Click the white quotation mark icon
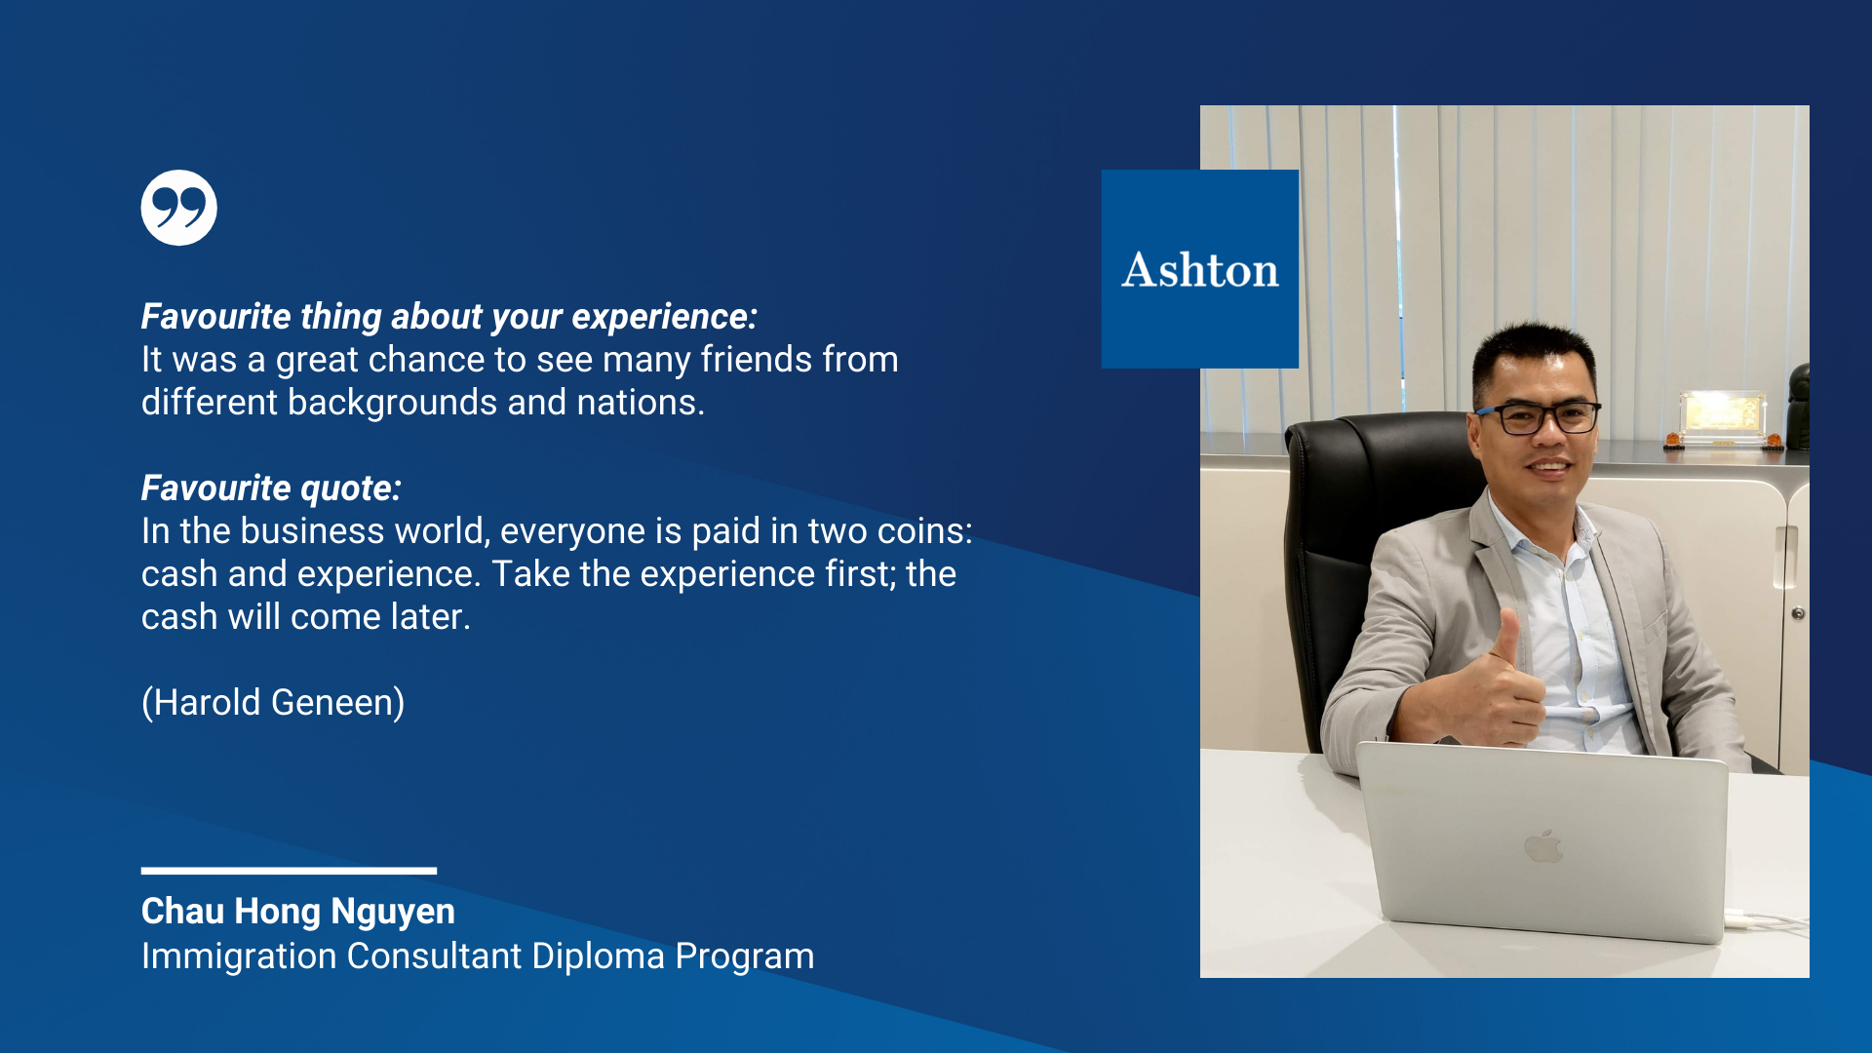click(178, 208)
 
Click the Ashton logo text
click(1200, 270)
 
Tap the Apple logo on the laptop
click(1542, 846)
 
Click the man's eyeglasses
click(1540, 417)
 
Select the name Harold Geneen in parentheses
click(273, 702)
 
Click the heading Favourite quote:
click(271, 487)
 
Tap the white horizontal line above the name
click(289, 871)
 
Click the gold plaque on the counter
click(1723, 415)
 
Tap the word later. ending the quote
click(431, 617)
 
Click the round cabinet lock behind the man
click(1798, 613)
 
